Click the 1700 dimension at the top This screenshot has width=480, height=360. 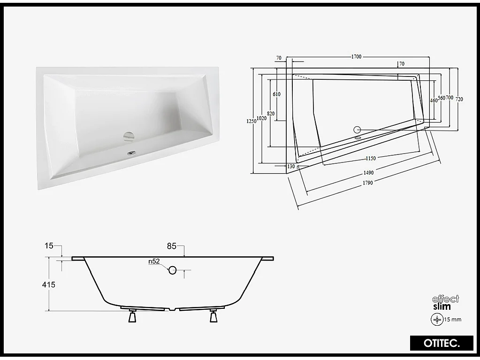(356, 57)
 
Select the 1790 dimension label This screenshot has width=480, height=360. (367, 183)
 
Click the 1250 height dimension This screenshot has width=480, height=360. (252, 121)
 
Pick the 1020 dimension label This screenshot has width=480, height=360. (262, 118)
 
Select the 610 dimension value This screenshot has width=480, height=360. (276, 94)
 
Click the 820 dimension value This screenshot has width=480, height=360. (270, 114)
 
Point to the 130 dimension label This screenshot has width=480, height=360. (291, 166)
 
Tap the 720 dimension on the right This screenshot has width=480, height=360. (459, 99)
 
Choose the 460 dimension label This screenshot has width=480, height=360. (434, 100)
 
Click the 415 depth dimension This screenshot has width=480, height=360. (49, 284)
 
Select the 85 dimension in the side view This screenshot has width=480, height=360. (171, 245)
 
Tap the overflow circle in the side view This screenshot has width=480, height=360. (172, 270)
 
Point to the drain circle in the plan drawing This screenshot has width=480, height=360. (358, 130)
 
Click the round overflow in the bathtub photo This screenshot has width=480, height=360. (129, 137)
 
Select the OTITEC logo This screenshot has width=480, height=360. (435, 343)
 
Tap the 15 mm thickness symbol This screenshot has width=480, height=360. (437, 319)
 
